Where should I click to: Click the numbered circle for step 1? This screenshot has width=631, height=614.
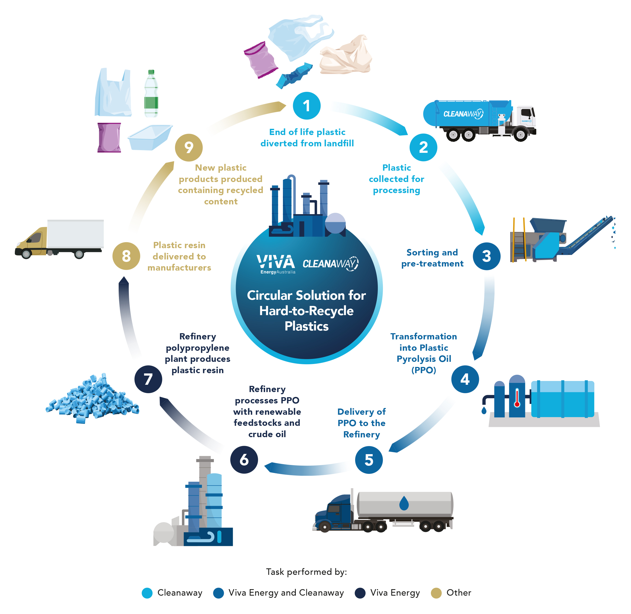tap(306, 106)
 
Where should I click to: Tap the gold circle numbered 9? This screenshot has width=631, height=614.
tap(189, 147)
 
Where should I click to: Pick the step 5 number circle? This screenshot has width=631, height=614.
tap(369, 460)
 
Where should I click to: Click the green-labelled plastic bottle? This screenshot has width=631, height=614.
tap(151, 93)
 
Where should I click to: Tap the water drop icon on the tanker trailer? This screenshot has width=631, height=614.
tap(404, 503)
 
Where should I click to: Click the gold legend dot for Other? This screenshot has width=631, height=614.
tap(436, 593)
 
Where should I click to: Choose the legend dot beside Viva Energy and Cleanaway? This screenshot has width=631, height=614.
tap(218, 593)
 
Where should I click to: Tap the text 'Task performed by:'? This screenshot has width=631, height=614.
tap(306, 572)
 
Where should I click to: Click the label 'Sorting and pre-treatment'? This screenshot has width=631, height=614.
tap(432, 258)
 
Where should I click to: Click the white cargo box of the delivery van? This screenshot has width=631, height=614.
tap(76, 234)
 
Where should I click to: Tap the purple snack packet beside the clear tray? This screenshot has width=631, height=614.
tap(109, 137)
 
